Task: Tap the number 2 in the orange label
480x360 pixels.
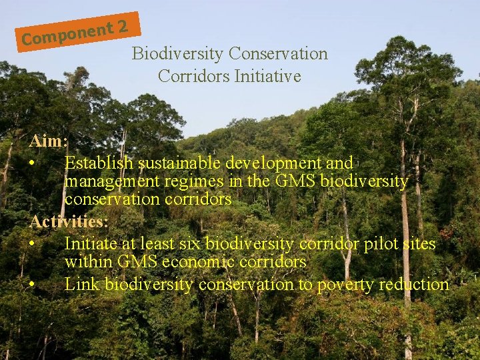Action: (x=123, y=27)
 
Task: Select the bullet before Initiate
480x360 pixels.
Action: (x=33, y=243)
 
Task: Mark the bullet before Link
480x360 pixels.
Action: (x=33, y=285)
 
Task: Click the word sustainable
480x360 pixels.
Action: (x=180, y=163)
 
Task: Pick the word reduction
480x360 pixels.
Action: (x=413, y=285)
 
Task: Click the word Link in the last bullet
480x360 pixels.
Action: (x=83, y=285)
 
